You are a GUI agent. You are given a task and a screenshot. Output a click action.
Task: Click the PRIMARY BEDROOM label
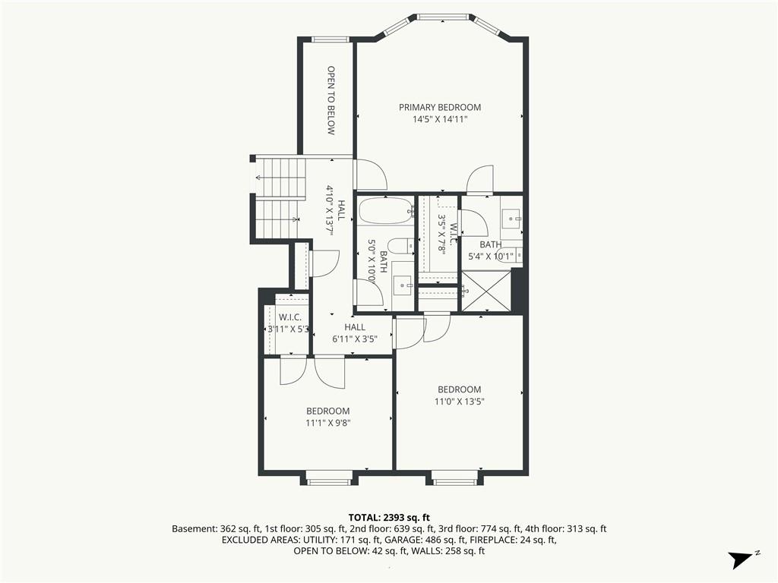[x=440, y=107]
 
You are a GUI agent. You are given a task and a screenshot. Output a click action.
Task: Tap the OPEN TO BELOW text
[x=331, y=101]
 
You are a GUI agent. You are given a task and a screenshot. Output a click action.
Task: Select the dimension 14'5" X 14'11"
[x=440, y=119]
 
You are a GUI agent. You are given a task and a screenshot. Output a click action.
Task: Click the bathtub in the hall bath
[x=386, y=211]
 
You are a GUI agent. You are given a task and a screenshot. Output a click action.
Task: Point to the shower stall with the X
[x=485, y=291]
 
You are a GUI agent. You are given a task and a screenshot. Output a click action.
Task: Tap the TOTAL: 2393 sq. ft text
[x=389, y=518]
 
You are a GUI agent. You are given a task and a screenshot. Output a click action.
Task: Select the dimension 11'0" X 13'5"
[x=459, y=401]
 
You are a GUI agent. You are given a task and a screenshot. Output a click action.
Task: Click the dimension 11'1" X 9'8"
[x=328, y=423]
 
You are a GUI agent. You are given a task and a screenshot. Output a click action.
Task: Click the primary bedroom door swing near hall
[x=371, y=174]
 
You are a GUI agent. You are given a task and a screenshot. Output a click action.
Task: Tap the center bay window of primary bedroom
[x=443, y=17]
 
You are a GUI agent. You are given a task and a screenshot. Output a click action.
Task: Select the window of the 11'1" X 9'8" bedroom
[x=328, y=481]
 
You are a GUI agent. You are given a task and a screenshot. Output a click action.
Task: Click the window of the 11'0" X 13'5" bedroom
[x=454, y=481]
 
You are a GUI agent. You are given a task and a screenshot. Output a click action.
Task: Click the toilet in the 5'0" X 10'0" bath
[x=401, y=245]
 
